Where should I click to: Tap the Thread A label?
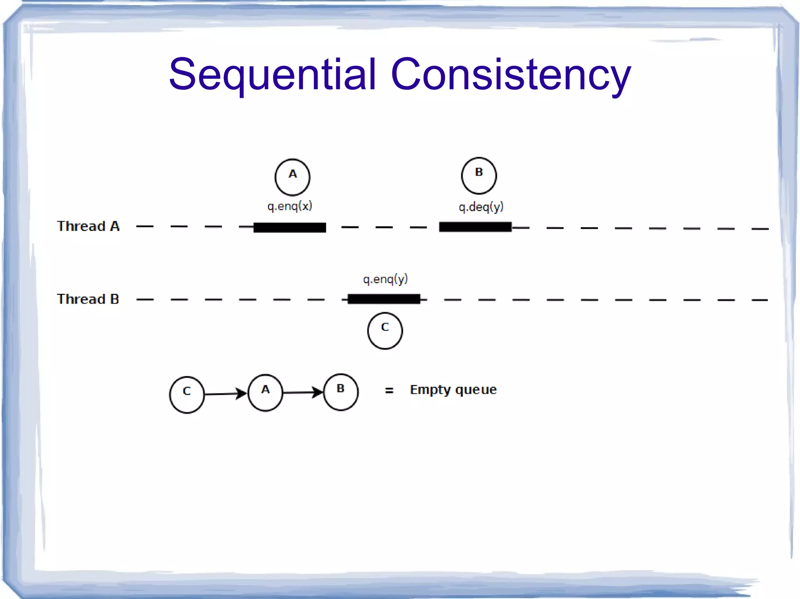tap(88, 226)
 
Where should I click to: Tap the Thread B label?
tap(88, 299)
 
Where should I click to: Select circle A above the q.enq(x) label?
tap(292, 177)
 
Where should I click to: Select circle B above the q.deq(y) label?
tap(479, 176)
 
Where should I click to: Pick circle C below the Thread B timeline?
tap(385, 331)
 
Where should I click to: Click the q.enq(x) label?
tap(290, 206)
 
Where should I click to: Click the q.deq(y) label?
tap(481, 206)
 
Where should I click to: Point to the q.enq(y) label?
tap(385, 279)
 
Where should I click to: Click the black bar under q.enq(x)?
tap(289, 227)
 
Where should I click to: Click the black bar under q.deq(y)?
tap(475, 227)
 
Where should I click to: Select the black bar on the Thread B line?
tap(384, 299)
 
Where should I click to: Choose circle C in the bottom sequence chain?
tap(187, 395)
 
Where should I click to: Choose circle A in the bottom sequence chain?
tap(265, 393)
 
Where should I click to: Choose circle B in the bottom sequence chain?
tap(341, 392)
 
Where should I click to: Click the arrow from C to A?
tap(226, 394)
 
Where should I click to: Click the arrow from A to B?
tap(303, 392)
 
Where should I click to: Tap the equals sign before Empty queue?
tap(389, 390)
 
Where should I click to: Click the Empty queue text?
tap(453, 389)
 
